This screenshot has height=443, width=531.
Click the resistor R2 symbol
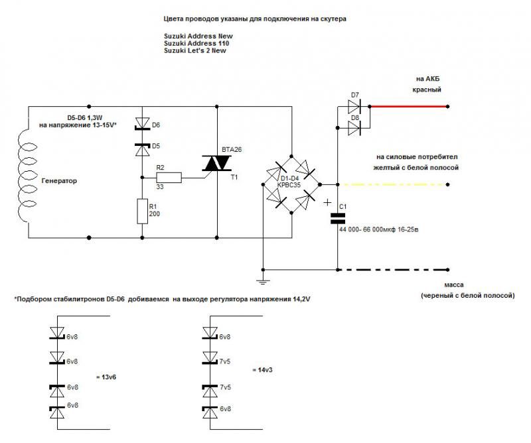tap(168, 177)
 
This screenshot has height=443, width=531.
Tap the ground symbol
tap(263, 281)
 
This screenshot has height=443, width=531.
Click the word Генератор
tap(59, 180)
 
